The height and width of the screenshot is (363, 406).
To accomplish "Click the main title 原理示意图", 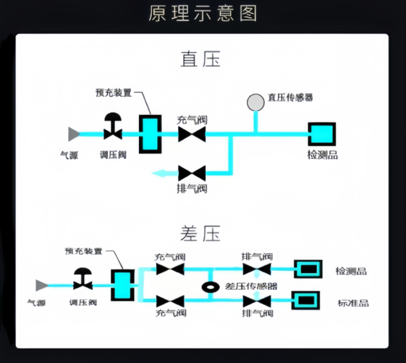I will tap(202, 13).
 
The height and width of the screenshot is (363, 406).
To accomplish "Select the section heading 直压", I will tap(200, 59).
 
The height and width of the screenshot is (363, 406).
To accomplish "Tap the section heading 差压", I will tap(200, 233).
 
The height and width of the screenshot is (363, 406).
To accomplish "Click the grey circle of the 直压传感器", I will tap(255, 102).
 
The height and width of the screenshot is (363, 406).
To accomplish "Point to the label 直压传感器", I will tap(290, 98).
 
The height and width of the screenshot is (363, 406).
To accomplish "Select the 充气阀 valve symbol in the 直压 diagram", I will tap(192, 134).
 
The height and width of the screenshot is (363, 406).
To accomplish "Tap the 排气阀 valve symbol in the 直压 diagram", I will tap(192, 173).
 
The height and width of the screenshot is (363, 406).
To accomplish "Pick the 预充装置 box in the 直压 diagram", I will tap(149, 134).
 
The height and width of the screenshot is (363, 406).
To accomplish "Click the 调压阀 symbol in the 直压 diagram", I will tap(113, 129).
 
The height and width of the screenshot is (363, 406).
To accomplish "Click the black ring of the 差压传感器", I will tap(210, 287).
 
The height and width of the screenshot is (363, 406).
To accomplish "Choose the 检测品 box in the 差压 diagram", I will tap(307, 269).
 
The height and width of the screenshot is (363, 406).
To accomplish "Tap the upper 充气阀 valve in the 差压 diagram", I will tap(170, 269).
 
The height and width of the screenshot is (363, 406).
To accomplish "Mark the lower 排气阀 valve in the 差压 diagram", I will tap(257, 301).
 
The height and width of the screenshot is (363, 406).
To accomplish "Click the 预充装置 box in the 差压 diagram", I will tap(122, 285).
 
